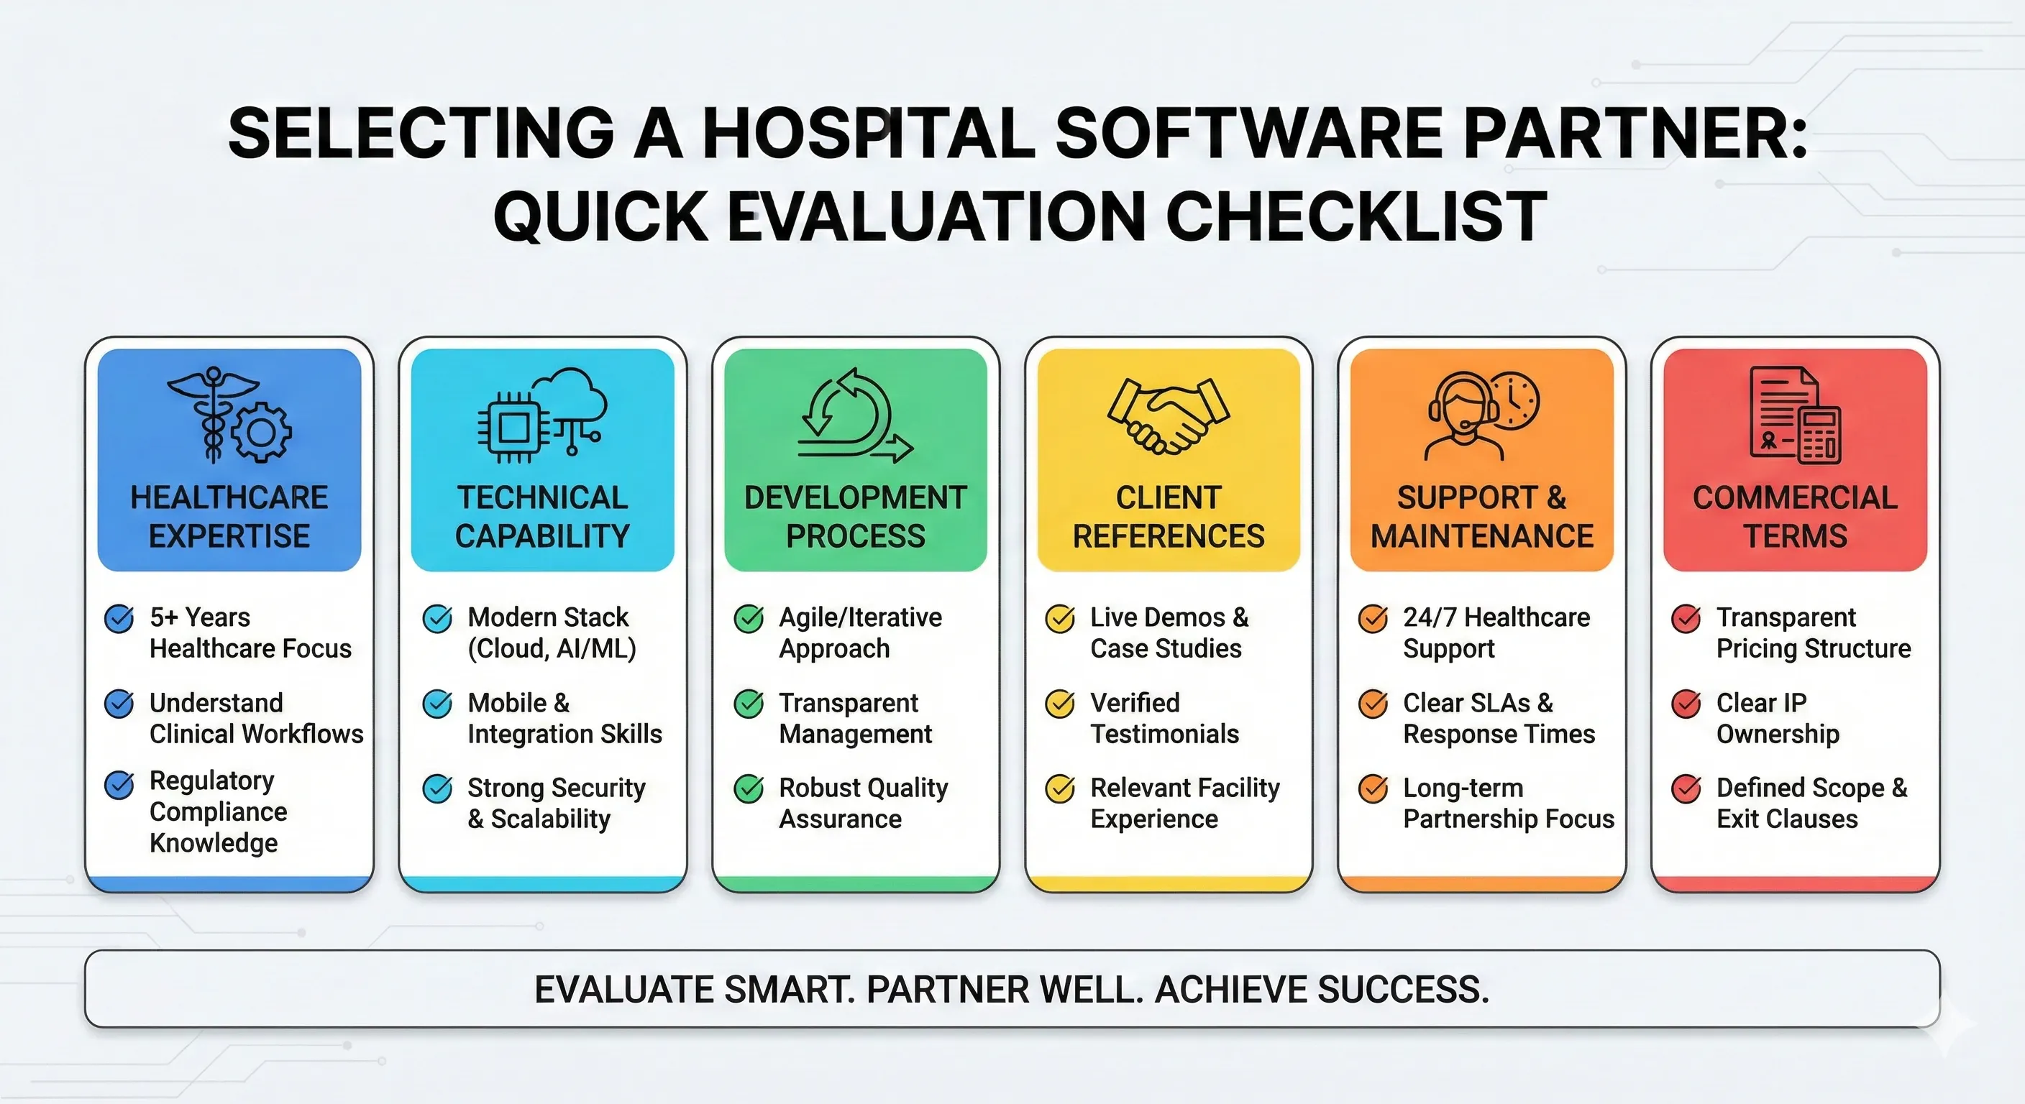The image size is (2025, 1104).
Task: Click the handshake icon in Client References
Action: [1168, 415]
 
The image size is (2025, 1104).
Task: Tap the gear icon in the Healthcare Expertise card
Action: [262, 431]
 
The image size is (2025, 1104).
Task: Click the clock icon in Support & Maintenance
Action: [1513, 401]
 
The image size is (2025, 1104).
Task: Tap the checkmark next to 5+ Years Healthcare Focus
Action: [119, 619]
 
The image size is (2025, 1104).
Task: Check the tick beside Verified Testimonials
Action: [1060, 704]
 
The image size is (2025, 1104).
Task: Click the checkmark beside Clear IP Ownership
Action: [1686, 704]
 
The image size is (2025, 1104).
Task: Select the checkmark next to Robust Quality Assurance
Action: [749, 789]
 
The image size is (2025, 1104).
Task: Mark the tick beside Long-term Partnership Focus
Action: [1373, 789]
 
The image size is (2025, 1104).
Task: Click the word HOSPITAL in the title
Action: [868, 133]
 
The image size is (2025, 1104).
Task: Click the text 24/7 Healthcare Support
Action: [1495, 632]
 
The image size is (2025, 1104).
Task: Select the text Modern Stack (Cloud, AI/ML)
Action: [551, 632]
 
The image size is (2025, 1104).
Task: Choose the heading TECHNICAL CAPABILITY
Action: [542, 516]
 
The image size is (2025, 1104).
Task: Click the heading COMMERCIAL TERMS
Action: [1795, 516]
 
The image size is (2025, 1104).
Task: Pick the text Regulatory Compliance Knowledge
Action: [218, 811]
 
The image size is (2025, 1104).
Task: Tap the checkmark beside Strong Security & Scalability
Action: [437, 789]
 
